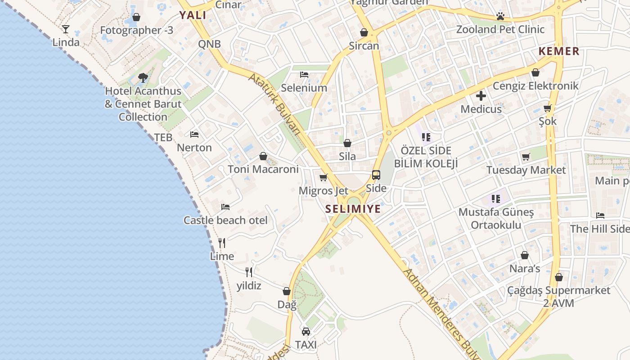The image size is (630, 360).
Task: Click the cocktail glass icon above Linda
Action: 66,29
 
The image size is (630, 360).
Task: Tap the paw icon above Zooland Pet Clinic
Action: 500,16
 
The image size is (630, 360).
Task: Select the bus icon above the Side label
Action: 376,175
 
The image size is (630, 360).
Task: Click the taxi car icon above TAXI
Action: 306,332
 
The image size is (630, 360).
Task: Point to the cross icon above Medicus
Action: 481,95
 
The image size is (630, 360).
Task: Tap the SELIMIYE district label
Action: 353,209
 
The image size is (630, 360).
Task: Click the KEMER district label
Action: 559,51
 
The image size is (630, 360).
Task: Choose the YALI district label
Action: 193,15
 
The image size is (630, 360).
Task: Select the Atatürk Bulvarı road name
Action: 274,103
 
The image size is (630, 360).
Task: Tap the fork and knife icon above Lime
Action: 222,243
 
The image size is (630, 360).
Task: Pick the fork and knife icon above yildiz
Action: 249,272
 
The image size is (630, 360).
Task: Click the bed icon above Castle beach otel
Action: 225,207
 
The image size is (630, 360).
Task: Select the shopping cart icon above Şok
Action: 548,108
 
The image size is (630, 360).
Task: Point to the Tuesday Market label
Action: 526,170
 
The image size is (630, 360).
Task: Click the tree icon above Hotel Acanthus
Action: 143,77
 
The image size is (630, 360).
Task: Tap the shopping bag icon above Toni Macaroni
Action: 263,156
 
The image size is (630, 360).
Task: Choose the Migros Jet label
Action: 323,191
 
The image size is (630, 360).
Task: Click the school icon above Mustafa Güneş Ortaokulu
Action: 496,198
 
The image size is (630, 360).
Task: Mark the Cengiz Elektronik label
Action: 535,85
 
